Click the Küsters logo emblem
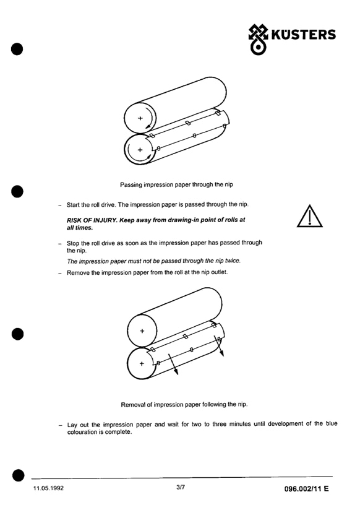[258, 40]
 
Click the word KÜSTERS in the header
[303, 35]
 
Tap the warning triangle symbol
[310, 216]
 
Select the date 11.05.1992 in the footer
[48, 488]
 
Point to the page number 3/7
[181, 487]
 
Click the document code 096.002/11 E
[306, 488]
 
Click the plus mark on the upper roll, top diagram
[140, 118]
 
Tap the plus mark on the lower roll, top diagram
[140, 150]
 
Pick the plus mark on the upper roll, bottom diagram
[142, 331]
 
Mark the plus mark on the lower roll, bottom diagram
[142, 363]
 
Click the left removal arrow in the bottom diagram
[173, 364]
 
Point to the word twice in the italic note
[233, 261]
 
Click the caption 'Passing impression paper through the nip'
[177, 184]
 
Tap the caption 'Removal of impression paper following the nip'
[184, 405]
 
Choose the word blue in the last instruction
[332, 423]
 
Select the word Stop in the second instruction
[72, 243]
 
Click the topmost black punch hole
[17, 49]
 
